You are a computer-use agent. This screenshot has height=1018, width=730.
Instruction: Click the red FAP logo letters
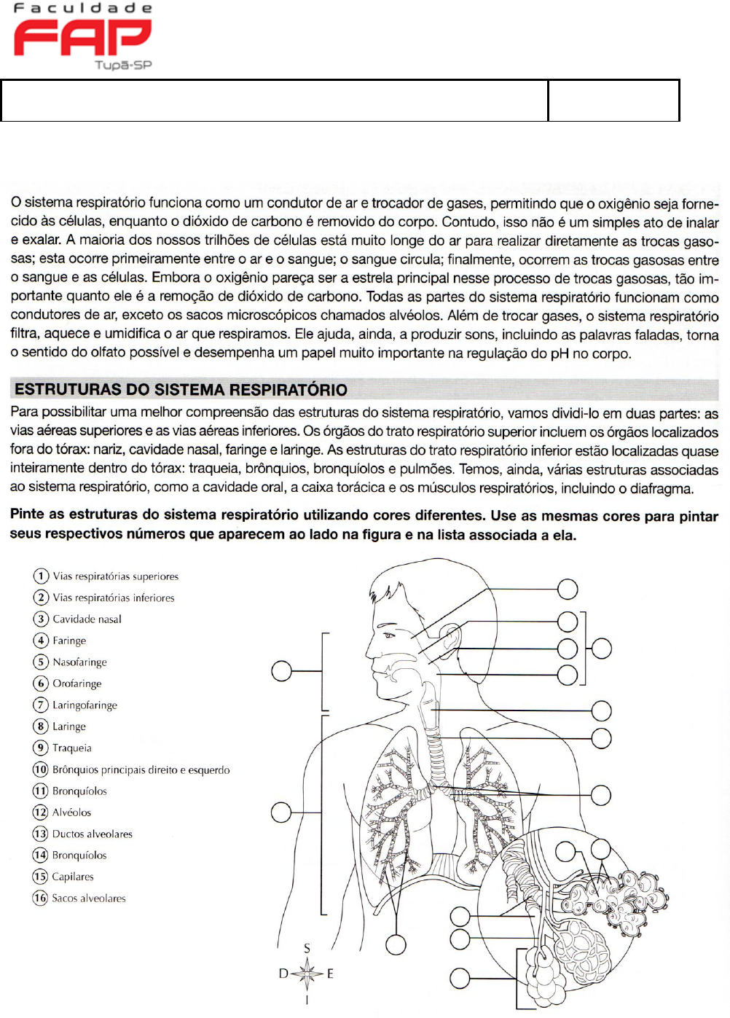click(x=82, y=37)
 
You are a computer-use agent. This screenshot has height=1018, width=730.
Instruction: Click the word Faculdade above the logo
click(x=82, y=8)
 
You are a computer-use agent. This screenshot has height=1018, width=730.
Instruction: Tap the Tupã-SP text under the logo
click(x=123, y=65)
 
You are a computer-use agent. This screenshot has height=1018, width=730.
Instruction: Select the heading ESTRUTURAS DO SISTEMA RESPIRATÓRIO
click(x=181, y=389)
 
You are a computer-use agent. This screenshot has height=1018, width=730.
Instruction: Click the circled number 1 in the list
click(x=41, y=576)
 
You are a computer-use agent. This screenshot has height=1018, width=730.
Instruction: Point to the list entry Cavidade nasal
click(x=87, y=619)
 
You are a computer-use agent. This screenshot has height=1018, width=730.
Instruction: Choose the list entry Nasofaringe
click(x=79, y=662)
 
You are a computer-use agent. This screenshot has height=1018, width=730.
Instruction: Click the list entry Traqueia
click(x=71, y=748)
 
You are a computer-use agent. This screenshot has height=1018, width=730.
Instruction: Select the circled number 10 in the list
click(x=41, y=770)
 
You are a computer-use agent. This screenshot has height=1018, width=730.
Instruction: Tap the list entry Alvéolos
click(x=71, y=812)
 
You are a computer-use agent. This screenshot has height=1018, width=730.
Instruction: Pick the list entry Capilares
click(x=73, y=877)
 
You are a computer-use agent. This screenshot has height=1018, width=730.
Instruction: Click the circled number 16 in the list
click(x=41, y=898)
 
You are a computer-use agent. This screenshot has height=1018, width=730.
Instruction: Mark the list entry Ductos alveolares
click(x=92, y=834)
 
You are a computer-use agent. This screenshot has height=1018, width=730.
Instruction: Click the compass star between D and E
click(x=307, y=973)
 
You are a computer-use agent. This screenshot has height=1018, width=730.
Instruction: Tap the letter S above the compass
click(x=307, y=948)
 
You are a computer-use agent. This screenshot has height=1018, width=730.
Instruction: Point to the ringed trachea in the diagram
click(x=436, y=758)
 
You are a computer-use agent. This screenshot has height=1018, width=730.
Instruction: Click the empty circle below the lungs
click(x=396, y=945)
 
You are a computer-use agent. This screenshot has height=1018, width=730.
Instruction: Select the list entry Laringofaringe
click(x=85, y=705)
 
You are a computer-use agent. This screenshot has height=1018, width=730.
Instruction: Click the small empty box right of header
click(x=613, y=101)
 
